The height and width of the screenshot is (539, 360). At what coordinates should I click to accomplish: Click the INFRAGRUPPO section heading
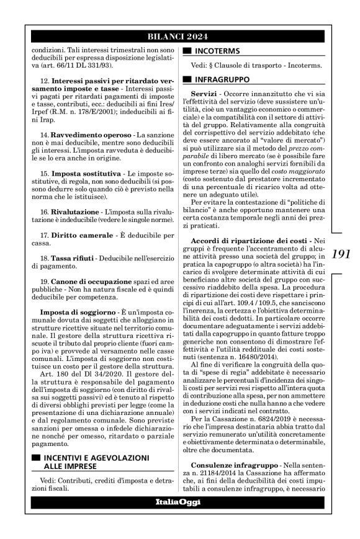pyautogui.click(x=222, y=79)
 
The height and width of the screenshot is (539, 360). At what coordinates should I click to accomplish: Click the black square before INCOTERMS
pyautogui.click(x=186, y=52)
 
